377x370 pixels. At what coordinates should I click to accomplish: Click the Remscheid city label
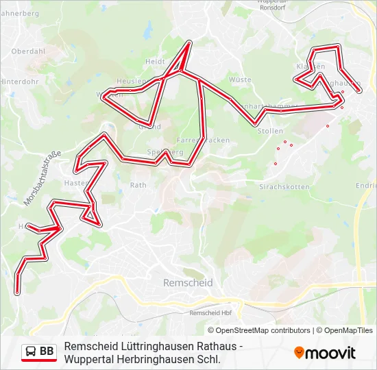point(188,282)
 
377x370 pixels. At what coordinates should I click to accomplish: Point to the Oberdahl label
point(28,51)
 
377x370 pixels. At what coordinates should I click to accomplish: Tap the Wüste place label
point(240,80)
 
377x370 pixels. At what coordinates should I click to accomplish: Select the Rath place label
point(138,185)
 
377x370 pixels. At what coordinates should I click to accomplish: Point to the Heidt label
point(155,61)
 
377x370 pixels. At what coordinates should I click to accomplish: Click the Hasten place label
point(74,183)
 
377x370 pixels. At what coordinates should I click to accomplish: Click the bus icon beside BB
point(31,351)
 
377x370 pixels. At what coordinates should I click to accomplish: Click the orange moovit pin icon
point(299,352)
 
